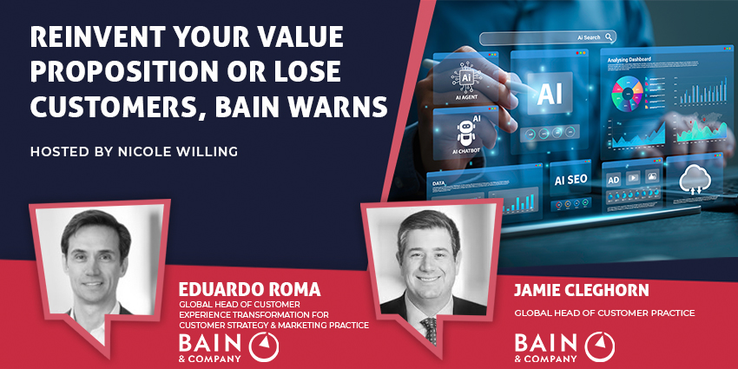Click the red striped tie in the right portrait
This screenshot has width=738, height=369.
(x=430, y=328)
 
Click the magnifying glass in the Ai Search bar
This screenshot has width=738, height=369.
(x=610, y=37)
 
